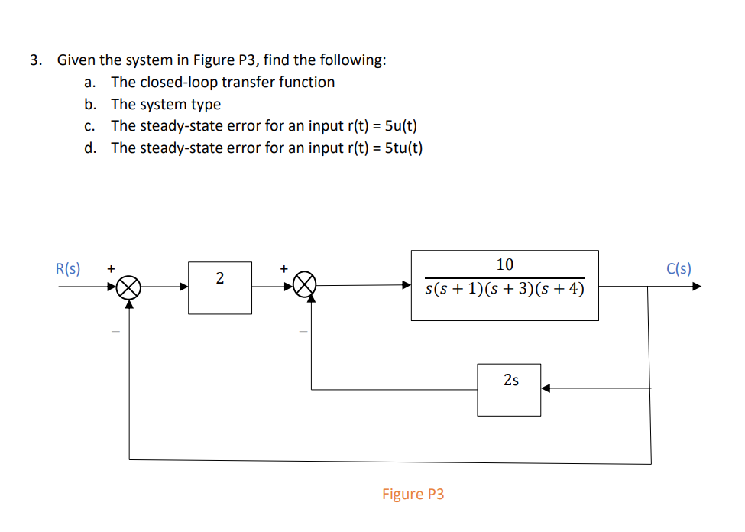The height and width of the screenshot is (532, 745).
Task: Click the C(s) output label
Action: [679, 268]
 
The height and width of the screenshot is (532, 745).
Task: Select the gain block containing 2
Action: [220, 287]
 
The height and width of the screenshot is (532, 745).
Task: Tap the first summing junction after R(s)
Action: [129, 287]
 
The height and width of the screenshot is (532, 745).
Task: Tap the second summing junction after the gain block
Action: [306, 287]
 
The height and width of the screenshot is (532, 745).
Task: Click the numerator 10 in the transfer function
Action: [505, 264]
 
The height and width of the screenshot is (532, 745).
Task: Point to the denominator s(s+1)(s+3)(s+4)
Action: [505, 290]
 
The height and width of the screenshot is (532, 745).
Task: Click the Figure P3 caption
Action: [413, 494]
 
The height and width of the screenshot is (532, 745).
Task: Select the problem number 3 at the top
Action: [34, 60]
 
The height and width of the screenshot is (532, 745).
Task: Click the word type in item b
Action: [206, 104]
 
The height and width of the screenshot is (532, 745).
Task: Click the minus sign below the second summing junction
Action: [303, 332]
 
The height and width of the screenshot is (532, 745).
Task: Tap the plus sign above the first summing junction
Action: [112, 269]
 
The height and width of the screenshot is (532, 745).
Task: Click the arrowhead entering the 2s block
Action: [546, 388]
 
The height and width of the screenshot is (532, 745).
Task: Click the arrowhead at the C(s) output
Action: [695, 287]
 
